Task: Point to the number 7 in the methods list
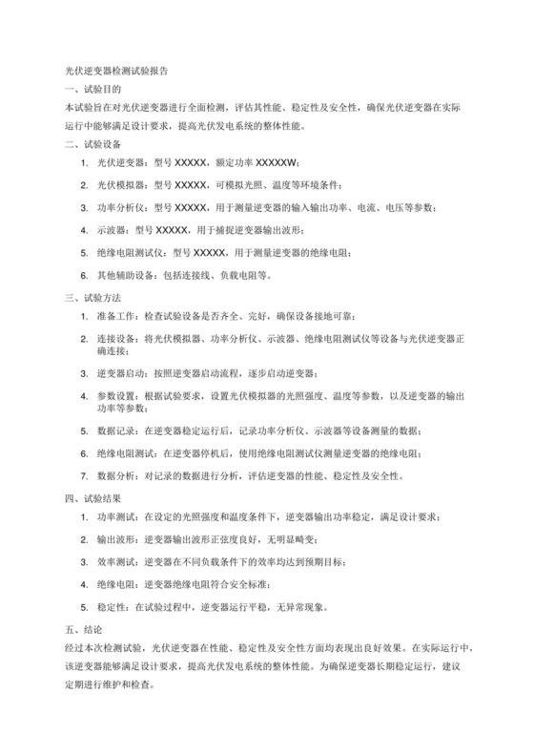(x=84, y=474)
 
